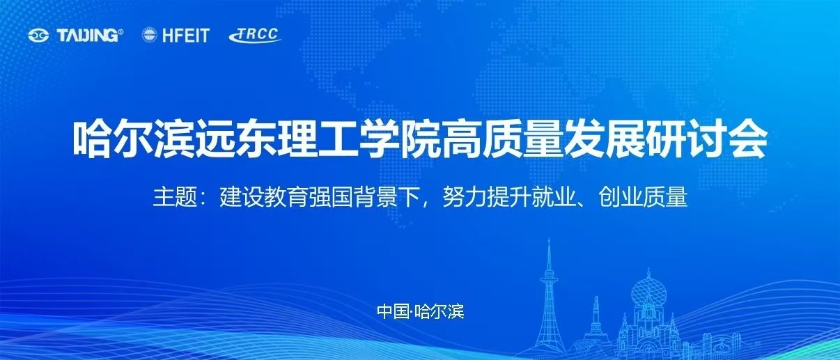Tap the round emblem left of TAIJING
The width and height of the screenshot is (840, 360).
(x=38, y=36)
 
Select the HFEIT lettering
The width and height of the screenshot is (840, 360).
(x=186, y=36)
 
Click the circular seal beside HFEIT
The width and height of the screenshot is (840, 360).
(x=150, y=35)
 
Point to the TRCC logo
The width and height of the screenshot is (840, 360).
(x=255, y=35)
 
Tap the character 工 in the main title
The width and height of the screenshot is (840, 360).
(x=338, y=139)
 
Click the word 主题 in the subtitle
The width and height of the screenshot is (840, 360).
(x=175, y=196)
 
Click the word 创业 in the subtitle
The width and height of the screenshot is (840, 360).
(x=621, y=196)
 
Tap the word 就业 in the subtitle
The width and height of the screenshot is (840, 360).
(x=554, y=196)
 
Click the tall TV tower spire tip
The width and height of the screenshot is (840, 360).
(x=550, y=240)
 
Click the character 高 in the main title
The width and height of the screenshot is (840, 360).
(x=460, y=139)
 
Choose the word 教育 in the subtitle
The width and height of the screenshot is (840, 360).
(x=286, y=196)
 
